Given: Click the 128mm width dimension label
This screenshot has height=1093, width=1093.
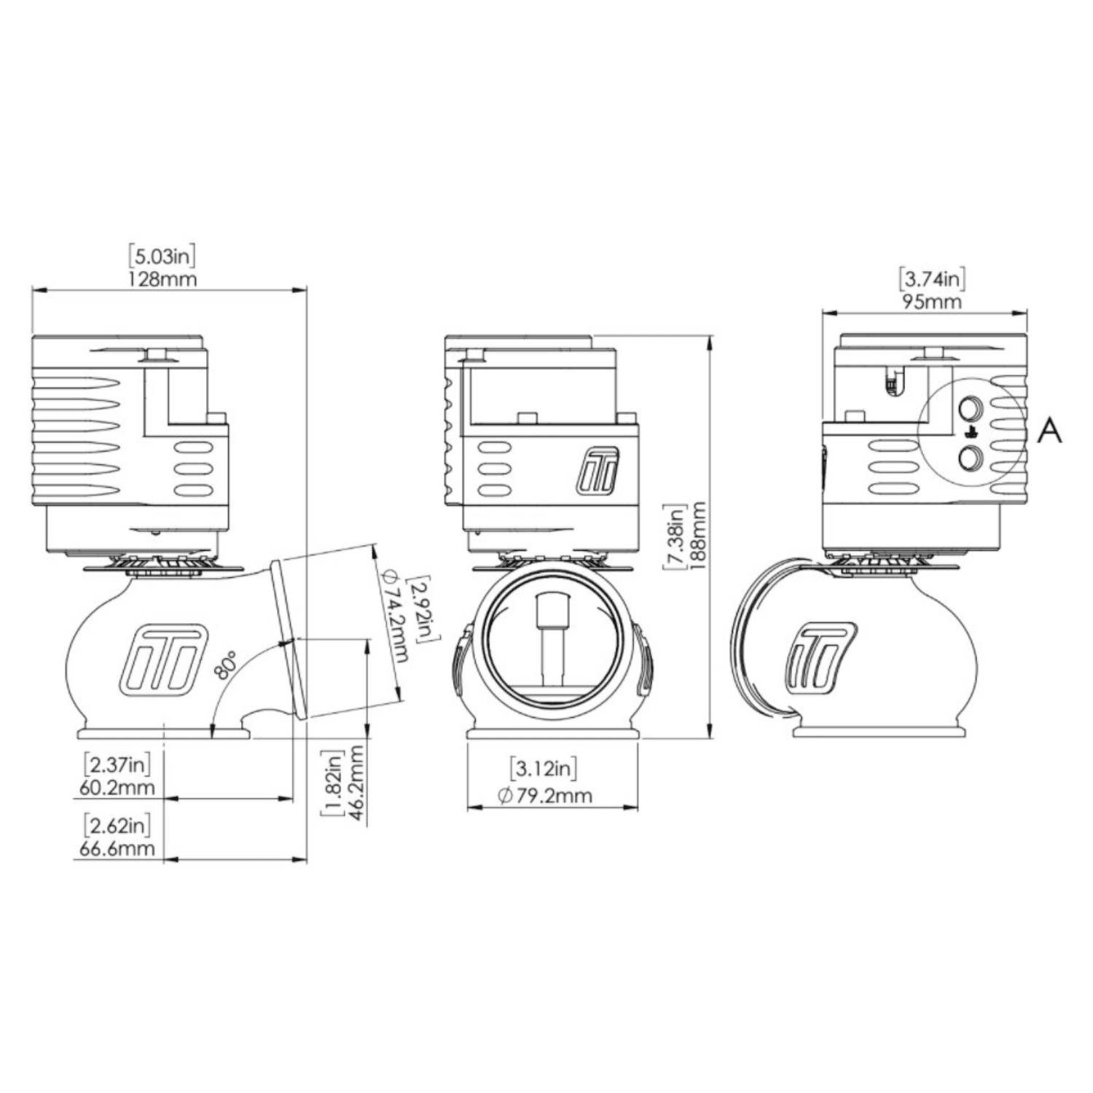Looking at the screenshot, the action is click(x=162, y=279).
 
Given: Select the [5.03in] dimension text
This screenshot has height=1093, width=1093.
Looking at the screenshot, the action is click(x=162, y=256).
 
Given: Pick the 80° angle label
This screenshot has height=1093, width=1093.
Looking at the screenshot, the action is click(x=227, y=665).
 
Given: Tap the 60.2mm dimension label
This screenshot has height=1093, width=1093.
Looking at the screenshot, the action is click(x=119, y=788).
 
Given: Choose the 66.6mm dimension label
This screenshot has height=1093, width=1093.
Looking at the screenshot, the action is click(x=119, y=848).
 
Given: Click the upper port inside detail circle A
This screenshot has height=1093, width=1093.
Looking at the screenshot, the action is click(x=970, y=408).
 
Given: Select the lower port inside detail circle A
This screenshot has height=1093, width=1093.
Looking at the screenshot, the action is click(x=970, y=458).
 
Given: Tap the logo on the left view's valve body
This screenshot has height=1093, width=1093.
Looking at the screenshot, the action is click(x=160, y=657).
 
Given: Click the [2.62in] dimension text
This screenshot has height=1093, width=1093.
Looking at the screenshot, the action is click(x=119, y=826).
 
